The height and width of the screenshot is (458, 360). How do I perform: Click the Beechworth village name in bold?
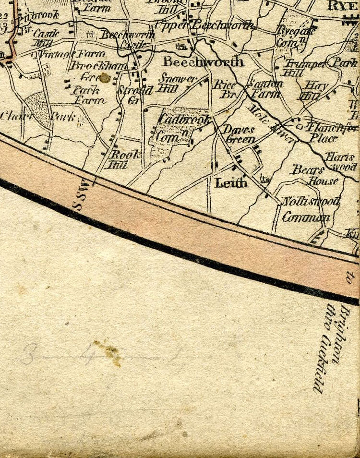[203, 61]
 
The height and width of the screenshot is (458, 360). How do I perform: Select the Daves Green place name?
[239, 135]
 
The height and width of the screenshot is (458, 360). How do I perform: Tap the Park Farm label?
[88, 95]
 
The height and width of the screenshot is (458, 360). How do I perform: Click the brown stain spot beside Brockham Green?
[104, 77]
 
